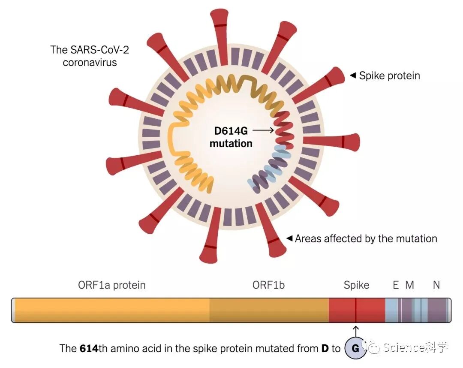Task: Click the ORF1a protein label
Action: [112, 285]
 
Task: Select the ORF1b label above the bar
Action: [268, 285]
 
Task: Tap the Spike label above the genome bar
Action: [356, 285]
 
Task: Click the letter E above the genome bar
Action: [395, 285]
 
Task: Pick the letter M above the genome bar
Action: [410, 285]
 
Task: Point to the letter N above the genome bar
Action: [436, 285]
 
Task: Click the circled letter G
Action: [355, 348]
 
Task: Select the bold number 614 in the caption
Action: [89, 348]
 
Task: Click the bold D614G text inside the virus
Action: [229, 130]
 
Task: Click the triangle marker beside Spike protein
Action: [353, 75]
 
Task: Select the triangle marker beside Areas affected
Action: [289, 238]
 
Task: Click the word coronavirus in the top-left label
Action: [90, 62]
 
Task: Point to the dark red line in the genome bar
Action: [356, 311]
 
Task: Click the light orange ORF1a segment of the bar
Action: [111, 311]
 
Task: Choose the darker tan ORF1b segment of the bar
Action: [269, 311]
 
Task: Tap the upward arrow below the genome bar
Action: [355, 331]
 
